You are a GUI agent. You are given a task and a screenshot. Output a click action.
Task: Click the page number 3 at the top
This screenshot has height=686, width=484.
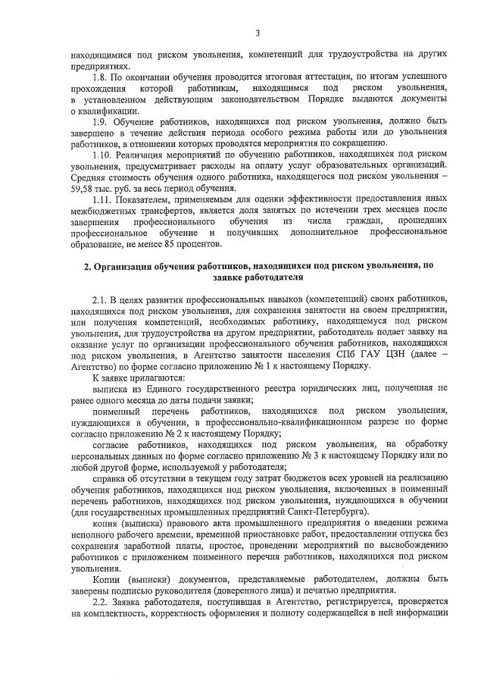pyautogui.click(x=258, y=33)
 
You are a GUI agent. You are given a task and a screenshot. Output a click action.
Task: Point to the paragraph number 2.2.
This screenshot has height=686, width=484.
pyautogui.click(x=100, y=601)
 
